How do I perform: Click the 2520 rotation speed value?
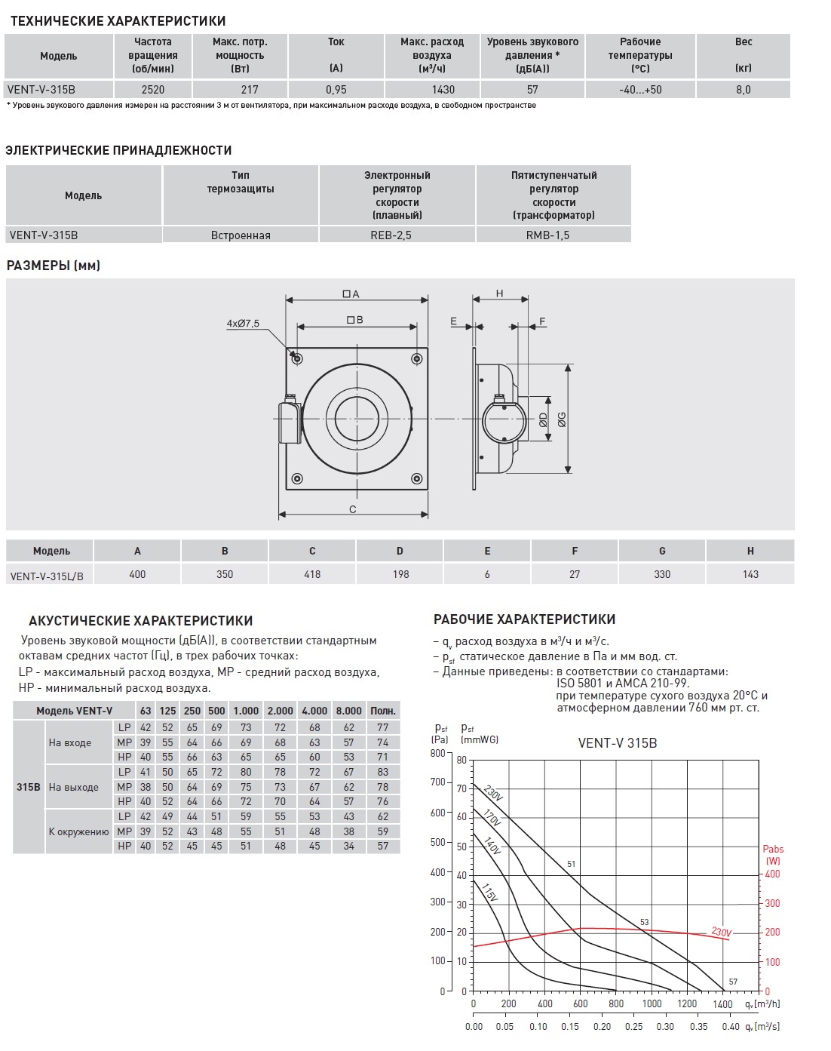click(153, 89)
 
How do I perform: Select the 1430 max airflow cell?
click(443, 89)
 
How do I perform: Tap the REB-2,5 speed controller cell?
click(397, 235)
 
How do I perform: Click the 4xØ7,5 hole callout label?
click(242, 324)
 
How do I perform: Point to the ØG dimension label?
click(562, 419)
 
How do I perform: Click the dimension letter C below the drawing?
click(353, 510)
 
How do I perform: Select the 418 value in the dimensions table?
click(312, 574)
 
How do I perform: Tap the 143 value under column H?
click(750, 574)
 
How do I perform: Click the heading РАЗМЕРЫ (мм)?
click(54, 266)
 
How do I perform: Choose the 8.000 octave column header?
click(348, 711)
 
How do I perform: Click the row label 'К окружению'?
click(78, 831)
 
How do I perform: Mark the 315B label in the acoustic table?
click(29, 787)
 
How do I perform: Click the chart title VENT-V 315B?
click(618, 743)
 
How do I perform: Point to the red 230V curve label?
click(721, 933)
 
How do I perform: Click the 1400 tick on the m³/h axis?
click(722, 1004)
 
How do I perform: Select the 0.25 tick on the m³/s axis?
click(633, 1027)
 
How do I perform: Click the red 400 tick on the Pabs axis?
click(772, 874)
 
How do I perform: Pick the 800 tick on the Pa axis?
click(437, 753)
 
